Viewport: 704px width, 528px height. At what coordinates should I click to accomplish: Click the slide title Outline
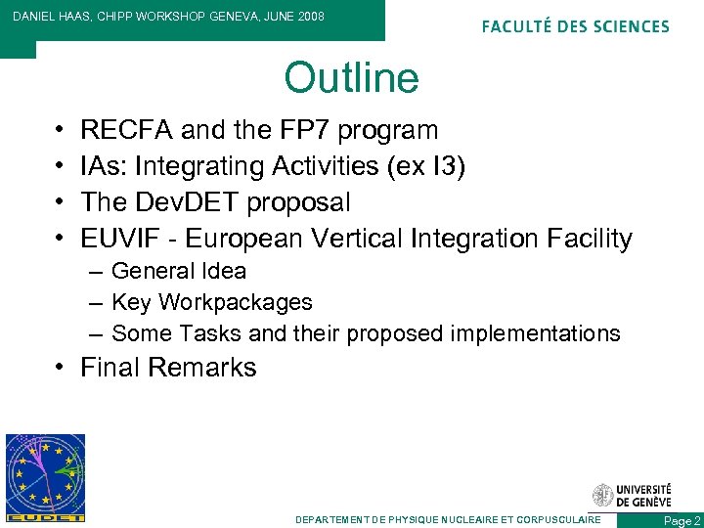click(x=351, y=78)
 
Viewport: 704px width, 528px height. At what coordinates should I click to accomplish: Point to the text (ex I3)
click(x=425, y=166)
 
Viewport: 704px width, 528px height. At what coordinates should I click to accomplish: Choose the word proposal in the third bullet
click(x=298, y=202)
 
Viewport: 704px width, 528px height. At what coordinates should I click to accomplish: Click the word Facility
click(x=583, y=239)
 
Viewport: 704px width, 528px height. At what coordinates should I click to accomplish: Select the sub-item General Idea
click(x=179, y=271)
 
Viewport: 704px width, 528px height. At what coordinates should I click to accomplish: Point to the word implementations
click(x=535, y=333)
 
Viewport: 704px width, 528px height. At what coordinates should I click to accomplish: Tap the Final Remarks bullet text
click(x=168, y=368)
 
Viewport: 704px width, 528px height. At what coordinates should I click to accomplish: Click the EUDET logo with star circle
click(x=45, y=477)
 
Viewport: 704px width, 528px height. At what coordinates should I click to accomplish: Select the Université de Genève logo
click(x=632, y=495)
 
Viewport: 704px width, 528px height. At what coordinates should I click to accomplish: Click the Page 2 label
click(x=682, y=521)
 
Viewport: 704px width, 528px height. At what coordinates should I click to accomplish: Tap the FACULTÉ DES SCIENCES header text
click(x=576, y=26)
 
